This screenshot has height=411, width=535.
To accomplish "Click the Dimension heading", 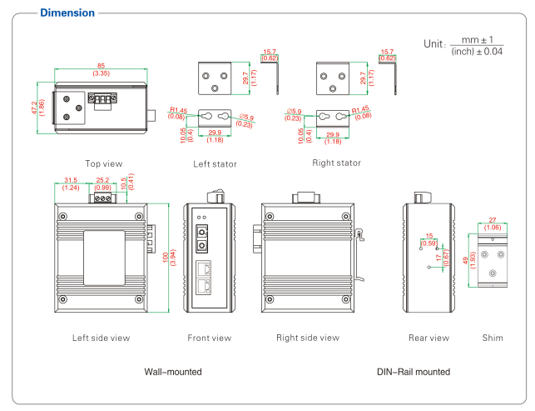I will coord(67,13).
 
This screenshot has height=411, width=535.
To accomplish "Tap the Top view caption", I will coord(104,163).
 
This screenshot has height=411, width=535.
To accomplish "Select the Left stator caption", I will coord(215,164).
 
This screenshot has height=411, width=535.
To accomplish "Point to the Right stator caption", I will coord(336,163).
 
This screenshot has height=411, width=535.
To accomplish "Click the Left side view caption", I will coord(101,338).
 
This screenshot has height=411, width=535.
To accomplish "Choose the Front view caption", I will coord(210,338).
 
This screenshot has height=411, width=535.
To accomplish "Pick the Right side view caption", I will coord(308,338).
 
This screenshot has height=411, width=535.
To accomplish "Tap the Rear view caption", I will coord(428,338).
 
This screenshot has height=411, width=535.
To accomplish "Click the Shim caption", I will coord(493,338).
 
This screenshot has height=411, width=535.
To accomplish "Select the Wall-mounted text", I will coord(173,372).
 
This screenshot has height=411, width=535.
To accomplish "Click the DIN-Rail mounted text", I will coord(414,372).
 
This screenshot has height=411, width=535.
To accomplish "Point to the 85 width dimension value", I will coord(101,66).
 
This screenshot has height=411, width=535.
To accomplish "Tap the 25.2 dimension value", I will coord(103,179).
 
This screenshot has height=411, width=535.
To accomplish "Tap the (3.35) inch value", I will coord(101,73).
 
